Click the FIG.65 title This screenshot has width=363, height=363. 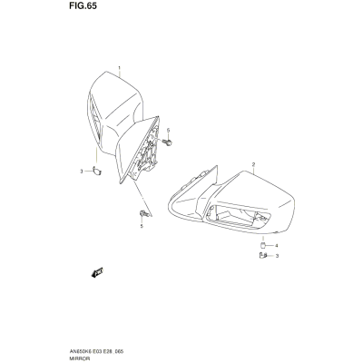click(83, 5)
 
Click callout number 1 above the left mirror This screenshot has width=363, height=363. click(119, 67)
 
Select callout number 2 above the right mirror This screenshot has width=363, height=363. click(253, 164)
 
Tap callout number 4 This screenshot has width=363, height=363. click(276, 245)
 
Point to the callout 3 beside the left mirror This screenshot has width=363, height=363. click(81, 172)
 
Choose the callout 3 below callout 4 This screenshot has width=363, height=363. click(277, 256)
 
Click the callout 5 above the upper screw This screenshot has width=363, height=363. click(168, 130)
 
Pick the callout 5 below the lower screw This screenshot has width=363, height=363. click(142, 226)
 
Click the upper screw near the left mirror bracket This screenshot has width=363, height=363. click(167, 142)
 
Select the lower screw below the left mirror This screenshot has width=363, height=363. click(144, 214)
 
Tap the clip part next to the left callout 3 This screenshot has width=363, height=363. click(97, 172)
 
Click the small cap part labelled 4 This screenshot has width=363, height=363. click(263, 245)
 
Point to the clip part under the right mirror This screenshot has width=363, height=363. click(263, 256)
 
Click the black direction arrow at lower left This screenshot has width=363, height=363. click(97, 272)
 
